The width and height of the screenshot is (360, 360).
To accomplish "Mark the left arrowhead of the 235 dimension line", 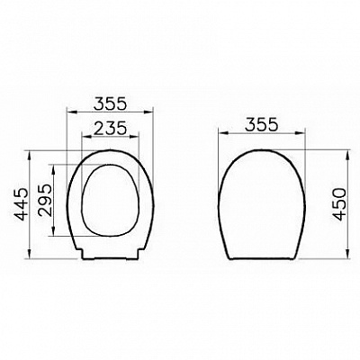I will pyautogui.click(x=84, y=138).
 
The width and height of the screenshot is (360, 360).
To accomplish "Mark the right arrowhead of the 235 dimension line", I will pyautogui.click(x=140, y=138).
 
